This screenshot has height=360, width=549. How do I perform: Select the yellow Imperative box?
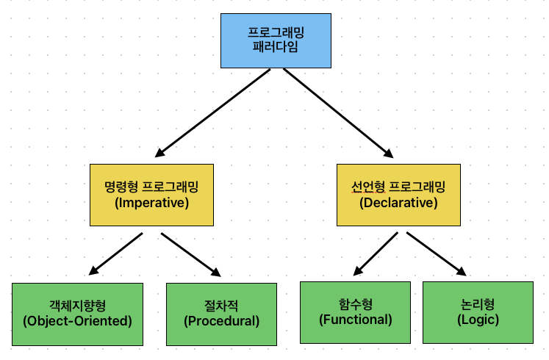pyautogui.click(x=151, y=194)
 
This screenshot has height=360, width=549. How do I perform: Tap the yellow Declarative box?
pyautogui.click(x=398, y=194)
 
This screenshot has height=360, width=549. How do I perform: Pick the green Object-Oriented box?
pyautogui.click(x=77, y=314)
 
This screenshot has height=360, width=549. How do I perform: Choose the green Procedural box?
pyautogui.click(x=221, y=314)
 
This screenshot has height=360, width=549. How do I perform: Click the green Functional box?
pyautogui.click(x=356, y=312)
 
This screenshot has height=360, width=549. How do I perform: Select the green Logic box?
pyautogui.click(x=478, y=312)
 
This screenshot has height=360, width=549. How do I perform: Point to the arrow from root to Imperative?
pyautogui.click(x=213, y=112)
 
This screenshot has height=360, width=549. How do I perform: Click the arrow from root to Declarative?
pyautogui.click(x=338, y=112)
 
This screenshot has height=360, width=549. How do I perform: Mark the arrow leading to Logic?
pyautogui.click(x=437, y=253)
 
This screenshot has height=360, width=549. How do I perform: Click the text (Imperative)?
pyautogui.click(x=152, y=203)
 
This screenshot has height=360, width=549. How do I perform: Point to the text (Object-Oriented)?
pyautogui.click(x=77, y=321)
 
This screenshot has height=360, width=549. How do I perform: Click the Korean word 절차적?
pyautogui.click(x=221, y=305)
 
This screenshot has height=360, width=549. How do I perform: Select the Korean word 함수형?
pyautogui.click(x=356, y=303)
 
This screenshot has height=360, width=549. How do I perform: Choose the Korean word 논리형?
pyautogui.click(x=478, y=303)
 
